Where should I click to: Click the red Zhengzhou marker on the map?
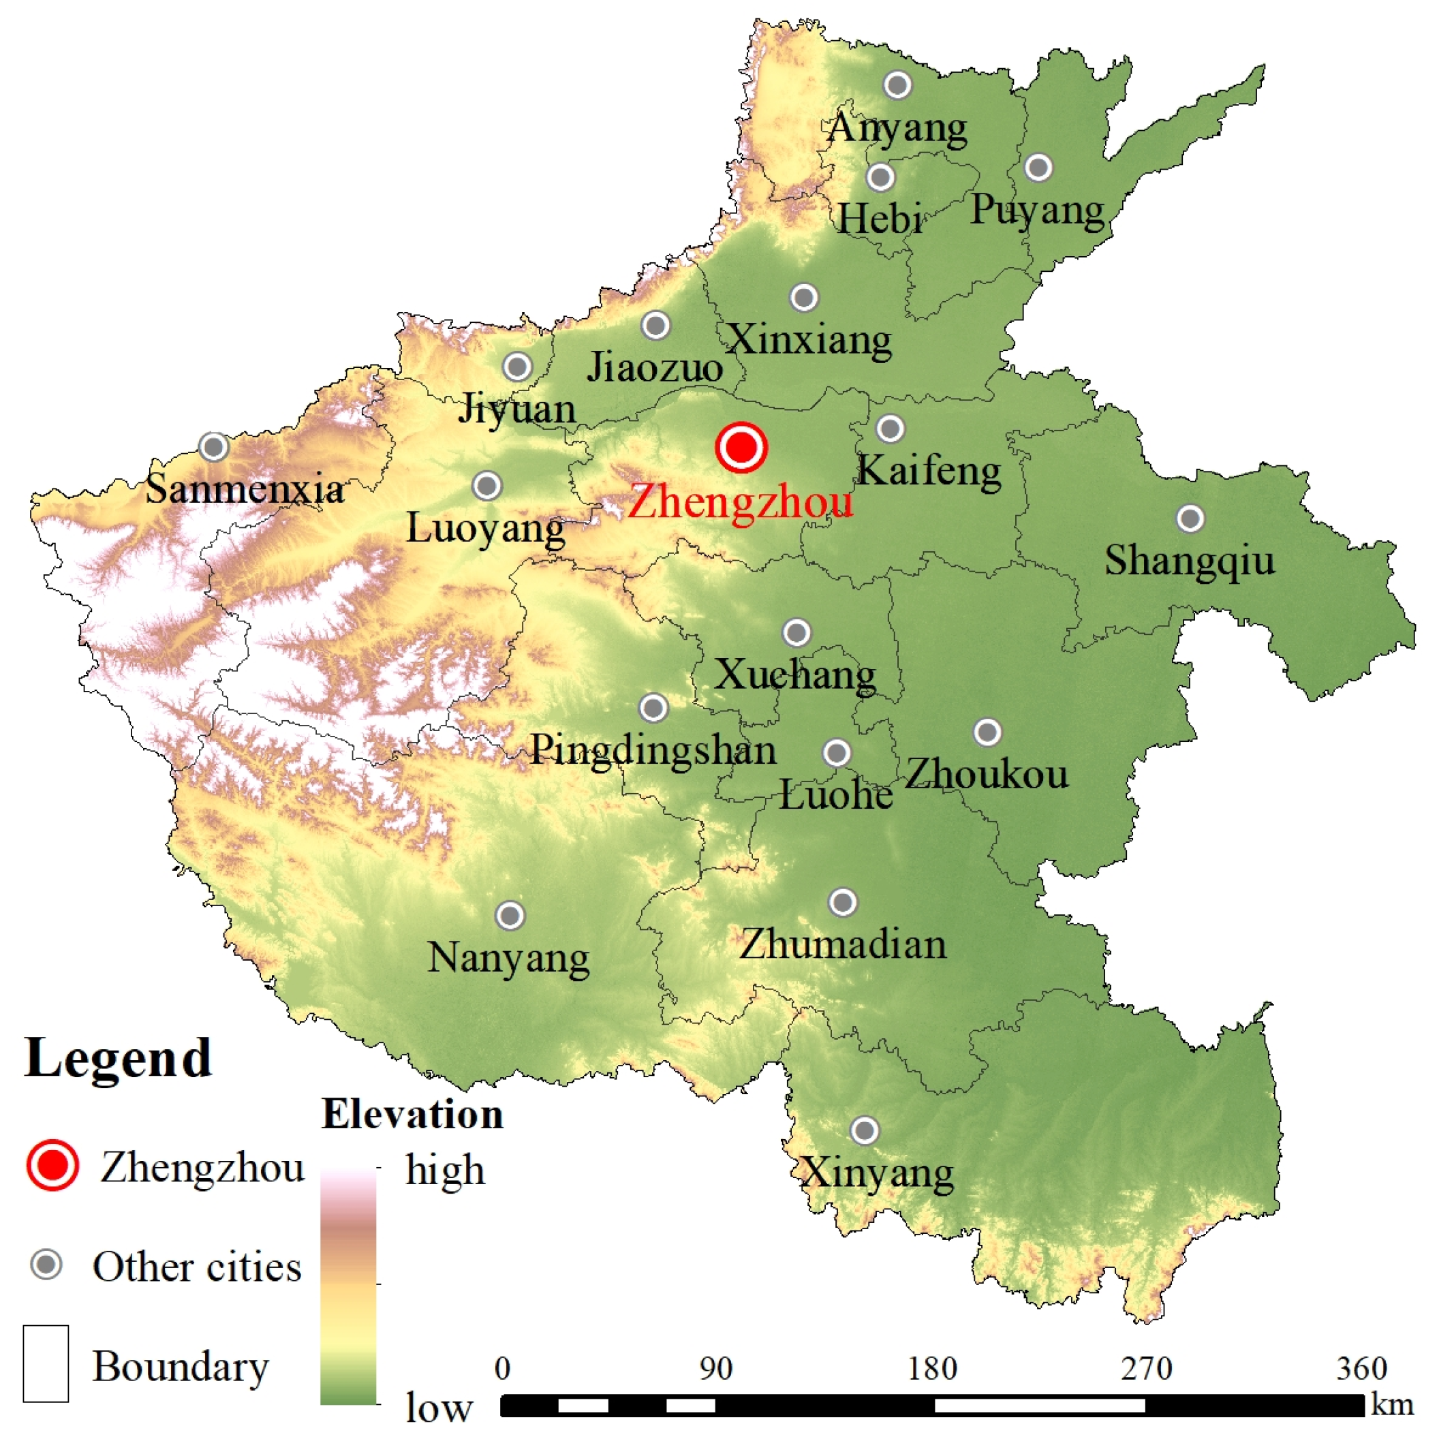click(x=741, y=448)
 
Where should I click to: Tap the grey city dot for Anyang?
click(x=897, y=85)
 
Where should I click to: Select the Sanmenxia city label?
click(x=244, y=489)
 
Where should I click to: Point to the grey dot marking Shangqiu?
click(x=1190, y=518)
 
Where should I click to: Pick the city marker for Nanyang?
click(x=510, y=915)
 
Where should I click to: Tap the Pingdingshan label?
click(x=653, y=749)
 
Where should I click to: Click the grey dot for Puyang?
click(x=1038, y=168)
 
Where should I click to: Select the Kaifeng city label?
click(x=928, y=471)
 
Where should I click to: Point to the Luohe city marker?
click(x=836, y=754)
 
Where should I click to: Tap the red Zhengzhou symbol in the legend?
click(x=52, y=1166)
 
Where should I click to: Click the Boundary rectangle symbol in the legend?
click(x=46, y=1363)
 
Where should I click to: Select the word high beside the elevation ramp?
click(x=445, y=1170)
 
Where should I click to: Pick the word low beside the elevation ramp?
click(x=439, y=1408)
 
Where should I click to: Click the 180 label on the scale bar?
click(x=933, y=1369)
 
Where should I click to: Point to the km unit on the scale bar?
click(x=1391, y=1404)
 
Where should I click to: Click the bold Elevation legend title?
click(x=412, y=1115)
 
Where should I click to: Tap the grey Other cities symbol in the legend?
click(x=47, y=1265)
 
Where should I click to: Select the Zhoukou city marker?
click(x=987, y=732)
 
